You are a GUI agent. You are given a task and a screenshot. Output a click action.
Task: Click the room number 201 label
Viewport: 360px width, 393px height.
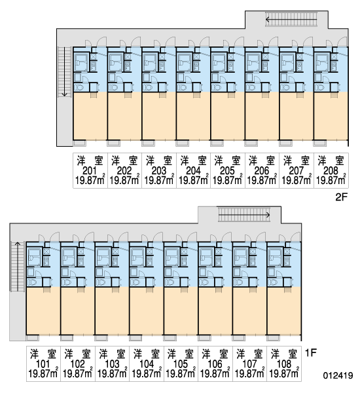[x=90, y=171]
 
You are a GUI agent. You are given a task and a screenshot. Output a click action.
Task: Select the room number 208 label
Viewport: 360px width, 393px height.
[x=331, y=171]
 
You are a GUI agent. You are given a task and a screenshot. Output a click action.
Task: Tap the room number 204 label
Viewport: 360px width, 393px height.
[x=193, y=171]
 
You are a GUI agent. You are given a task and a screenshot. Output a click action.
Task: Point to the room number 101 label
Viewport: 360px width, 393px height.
[x=43, y=364]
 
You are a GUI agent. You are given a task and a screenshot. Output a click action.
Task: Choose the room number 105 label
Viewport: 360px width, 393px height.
[x=181, y=364]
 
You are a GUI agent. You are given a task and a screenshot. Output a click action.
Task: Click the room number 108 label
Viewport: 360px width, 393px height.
[x=284, y=364]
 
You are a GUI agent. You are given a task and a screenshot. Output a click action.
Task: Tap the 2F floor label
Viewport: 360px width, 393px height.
[x=342, y=197]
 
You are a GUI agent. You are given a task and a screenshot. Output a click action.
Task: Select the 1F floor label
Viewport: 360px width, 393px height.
[x=311, y=353]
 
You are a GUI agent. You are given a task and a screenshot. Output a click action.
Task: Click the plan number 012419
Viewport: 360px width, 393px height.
[x=338, y=375]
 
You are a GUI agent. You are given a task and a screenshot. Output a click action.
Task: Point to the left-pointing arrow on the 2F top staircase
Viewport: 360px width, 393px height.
[x=291, y=19]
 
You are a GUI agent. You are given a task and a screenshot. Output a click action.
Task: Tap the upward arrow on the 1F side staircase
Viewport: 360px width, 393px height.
[x=18, y=266]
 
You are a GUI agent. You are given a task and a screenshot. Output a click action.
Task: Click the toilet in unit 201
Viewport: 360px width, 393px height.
[x=80, y=88]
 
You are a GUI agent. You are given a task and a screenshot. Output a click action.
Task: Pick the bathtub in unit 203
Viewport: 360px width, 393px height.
[x=149, y=62]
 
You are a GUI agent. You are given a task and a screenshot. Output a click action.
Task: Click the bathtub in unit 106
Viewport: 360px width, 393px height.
[x=206, y=257]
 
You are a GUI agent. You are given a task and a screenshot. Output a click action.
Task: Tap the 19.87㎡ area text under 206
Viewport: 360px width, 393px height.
[x=262, y=180]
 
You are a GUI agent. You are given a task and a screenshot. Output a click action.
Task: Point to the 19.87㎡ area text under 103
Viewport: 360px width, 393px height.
[x=112, y=373]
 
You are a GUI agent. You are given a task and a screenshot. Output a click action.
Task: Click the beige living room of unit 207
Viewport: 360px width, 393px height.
[x=297, y=116]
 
